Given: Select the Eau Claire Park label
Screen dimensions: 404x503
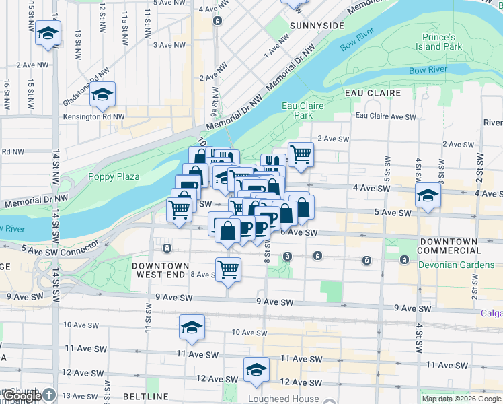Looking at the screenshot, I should coord(303,110).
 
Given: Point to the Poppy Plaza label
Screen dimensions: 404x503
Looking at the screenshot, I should coord(114,177).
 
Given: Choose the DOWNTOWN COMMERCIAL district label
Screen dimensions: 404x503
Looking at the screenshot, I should coord(457,246).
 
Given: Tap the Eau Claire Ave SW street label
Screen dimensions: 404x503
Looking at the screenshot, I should coord(385,116).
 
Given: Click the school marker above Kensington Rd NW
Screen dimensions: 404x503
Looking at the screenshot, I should coord(103,95).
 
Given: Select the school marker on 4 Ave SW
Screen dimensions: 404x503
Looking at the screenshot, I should coord(426,197).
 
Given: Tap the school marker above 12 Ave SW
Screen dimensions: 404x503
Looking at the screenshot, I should coord(256,370).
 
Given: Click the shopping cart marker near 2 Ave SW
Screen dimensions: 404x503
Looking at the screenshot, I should coord(301,154).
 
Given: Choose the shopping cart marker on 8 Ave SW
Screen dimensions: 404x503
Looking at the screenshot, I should coord(228,269).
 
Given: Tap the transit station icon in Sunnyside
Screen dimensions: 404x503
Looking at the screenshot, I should coord(217,21).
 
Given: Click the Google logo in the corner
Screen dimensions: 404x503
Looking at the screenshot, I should coord(22,396).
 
